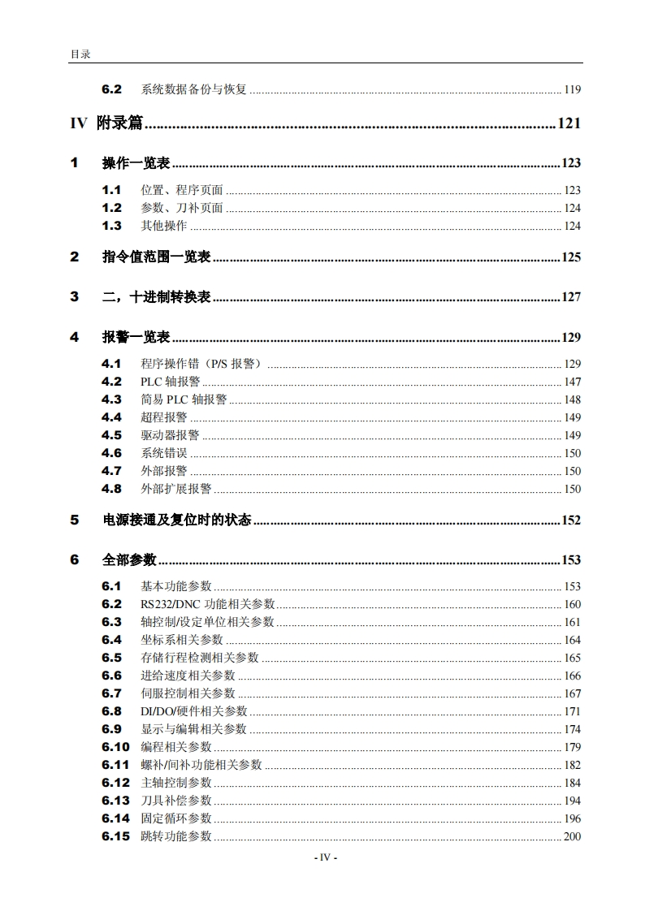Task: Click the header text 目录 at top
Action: click(x=80, y=54)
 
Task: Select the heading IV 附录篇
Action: click(x=106, y=123)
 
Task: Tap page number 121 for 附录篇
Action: click(x=569, y=123)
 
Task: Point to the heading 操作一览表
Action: click(x=136, y=163)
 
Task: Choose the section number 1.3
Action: click(x=111, y=226)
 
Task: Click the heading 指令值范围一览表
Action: click(x=156, y=257)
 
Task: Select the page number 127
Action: click(x=571, y=297)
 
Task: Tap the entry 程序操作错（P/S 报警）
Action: click(x=202, y=364)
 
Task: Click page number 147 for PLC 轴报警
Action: click(x=572, y=382)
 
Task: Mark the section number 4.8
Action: click(x=111, y=489)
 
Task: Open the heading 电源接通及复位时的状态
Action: click(x=176, y=520)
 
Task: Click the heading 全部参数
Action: click(x=129, y=560)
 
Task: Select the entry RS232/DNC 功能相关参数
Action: click(x=207, y=604)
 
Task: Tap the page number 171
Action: click(x=572, y=711)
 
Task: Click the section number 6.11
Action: click(x=115, y=765)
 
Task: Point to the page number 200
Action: click(x=572, y=836)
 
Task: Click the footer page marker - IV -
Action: click(x=325, y=857)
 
